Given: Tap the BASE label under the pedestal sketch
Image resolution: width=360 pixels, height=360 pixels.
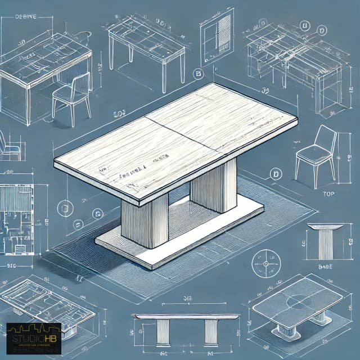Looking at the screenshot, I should pos(325,268).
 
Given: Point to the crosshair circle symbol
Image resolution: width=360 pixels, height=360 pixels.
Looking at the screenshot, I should pos(266,262).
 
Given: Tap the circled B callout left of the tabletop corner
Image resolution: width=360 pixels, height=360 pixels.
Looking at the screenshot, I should pos(197,73).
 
